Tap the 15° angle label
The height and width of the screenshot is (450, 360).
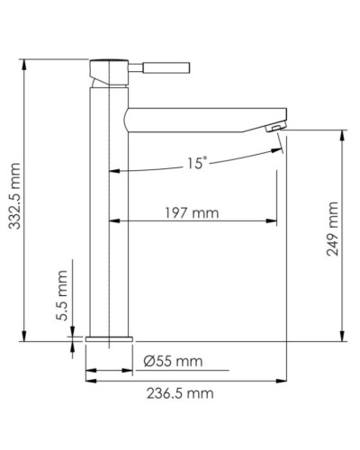(x=197, y=164)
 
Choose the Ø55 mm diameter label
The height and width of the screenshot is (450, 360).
(x=173, y=362)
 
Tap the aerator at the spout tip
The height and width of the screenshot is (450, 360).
(x=274, y=131)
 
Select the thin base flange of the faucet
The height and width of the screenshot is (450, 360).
(x=109, y=339)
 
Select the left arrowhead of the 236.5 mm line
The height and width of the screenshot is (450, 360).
(x=90, y=380)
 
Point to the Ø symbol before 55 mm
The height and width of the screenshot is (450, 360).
(x=149, y=362)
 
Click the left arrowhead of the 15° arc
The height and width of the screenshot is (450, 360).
(x=114, y=170)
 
